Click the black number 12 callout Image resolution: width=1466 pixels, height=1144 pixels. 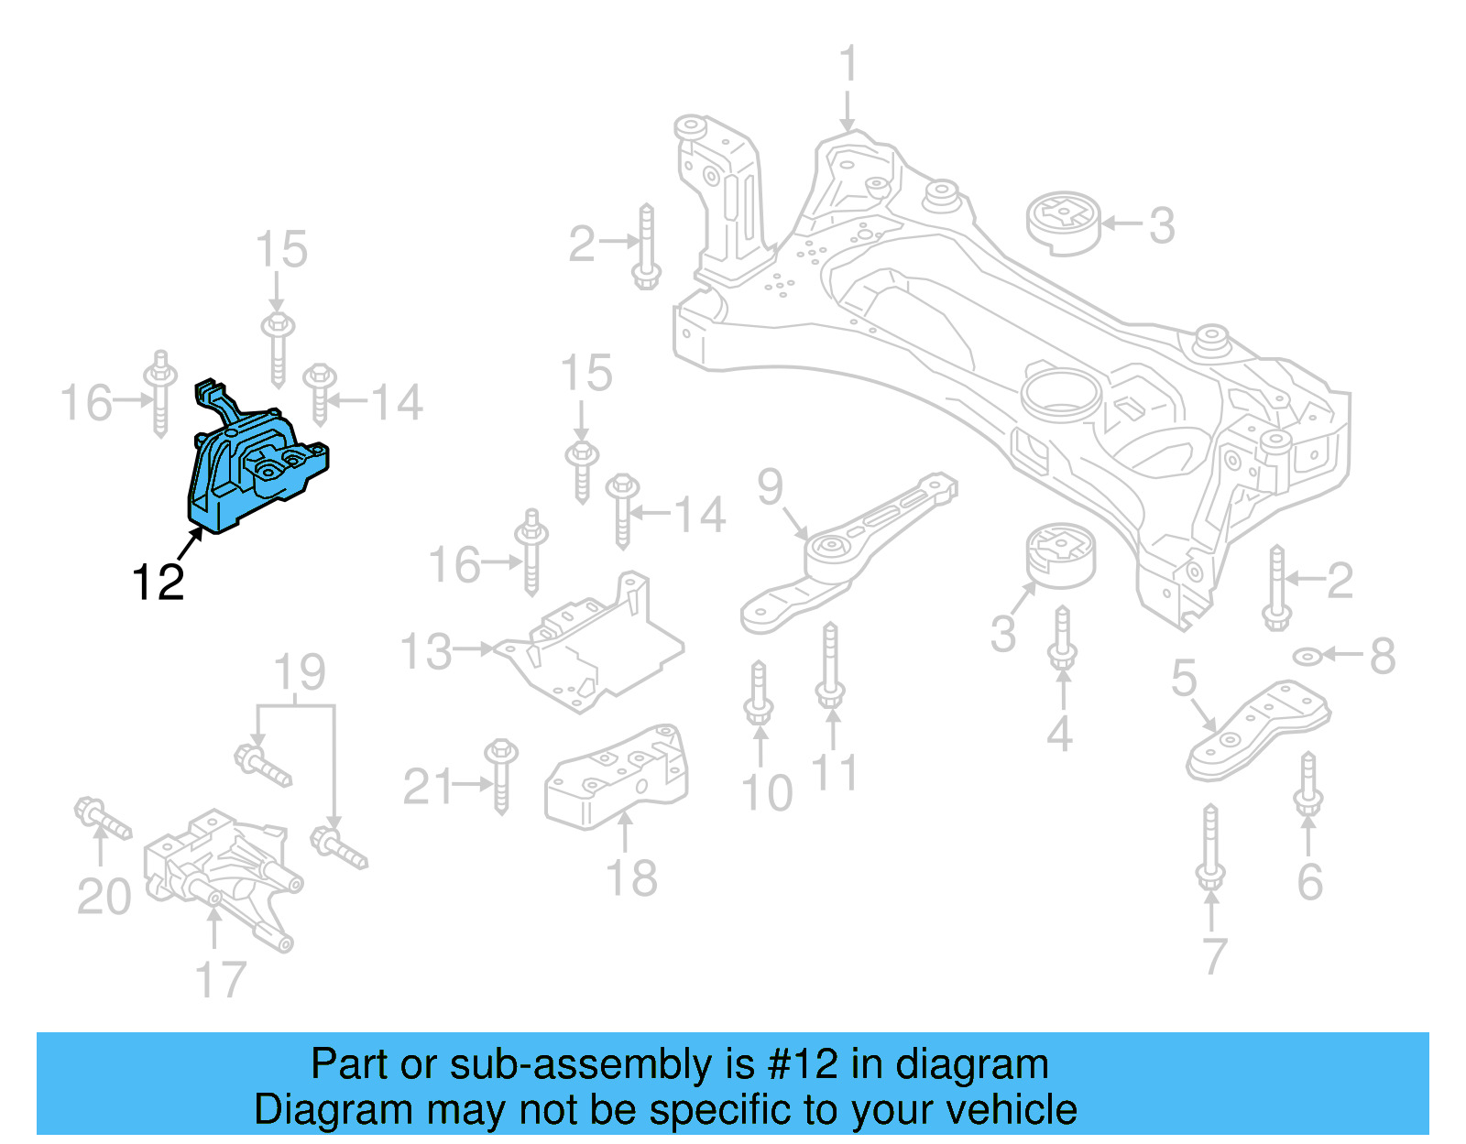pyautogui.click(x=158, y=582)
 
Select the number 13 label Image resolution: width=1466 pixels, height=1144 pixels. pyautogui.click(x=426, y=652)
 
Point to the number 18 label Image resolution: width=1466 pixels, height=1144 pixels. pyautogui.click(x=631, y=878)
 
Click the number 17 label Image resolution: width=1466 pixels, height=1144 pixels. pyautogui.click(x=221, y=980)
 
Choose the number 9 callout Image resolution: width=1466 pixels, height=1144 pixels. pyautogui.click(x=771, y=487)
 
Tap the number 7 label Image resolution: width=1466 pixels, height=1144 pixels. pyautogui.click(x=1213, y=956)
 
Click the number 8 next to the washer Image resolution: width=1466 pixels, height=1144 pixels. pyautogui.click(x=1383, y=656)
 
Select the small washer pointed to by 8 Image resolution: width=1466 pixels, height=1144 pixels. pyautogui.click(x=1307, y=656)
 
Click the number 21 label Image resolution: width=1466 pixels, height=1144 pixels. pyautogui.click(x=428, y=787)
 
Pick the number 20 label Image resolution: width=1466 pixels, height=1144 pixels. pyautogui.click(x=104, y=897)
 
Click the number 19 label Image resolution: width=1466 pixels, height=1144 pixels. pyautogui.click(x=300, y=673)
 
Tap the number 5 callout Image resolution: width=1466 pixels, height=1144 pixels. pyautogui.click(x=1184, y=679)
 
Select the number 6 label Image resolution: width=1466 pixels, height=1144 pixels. pyautogui.click(x=1309, y=881)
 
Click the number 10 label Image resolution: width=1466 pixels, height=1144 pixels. pyautogui.click(x=766, y=793)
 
